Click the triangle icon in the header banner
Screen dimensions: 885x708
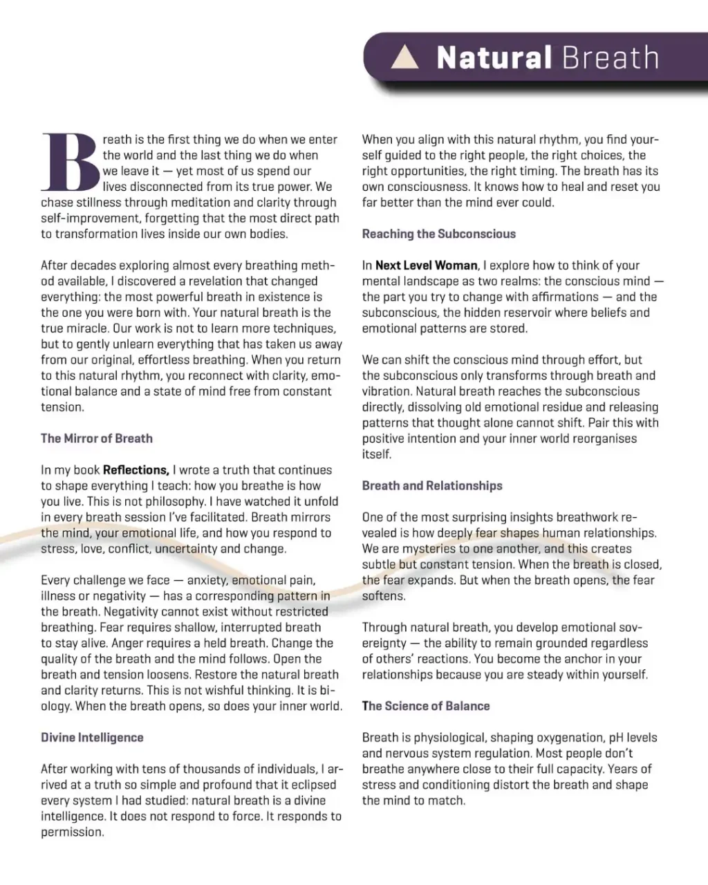point(405,57)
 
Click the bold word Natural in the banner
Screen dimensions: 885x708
point(494,57)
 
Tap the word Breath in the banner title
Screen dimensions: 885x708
point(611,57)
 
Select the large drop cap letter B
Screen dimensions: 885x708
point(70,162)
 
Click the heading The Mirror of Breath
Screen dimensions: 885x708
point(97,438)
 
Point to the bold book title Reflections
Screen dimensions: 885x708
point(136,470)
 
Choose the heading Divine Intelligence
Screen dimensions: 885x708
point(92,738)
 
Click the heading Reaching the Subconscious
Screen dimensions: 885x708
point(439,234)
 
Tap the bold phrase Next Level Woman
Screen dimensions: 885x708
point(426,265)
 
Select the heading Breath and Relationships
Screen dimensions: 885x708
point(432,486)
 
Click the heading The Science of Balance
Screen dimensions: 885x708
point(426,706)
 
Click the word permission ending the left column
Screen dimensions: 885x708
point(72,832)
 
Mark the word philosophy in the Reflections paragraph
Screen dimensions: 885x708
point(172,502)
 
